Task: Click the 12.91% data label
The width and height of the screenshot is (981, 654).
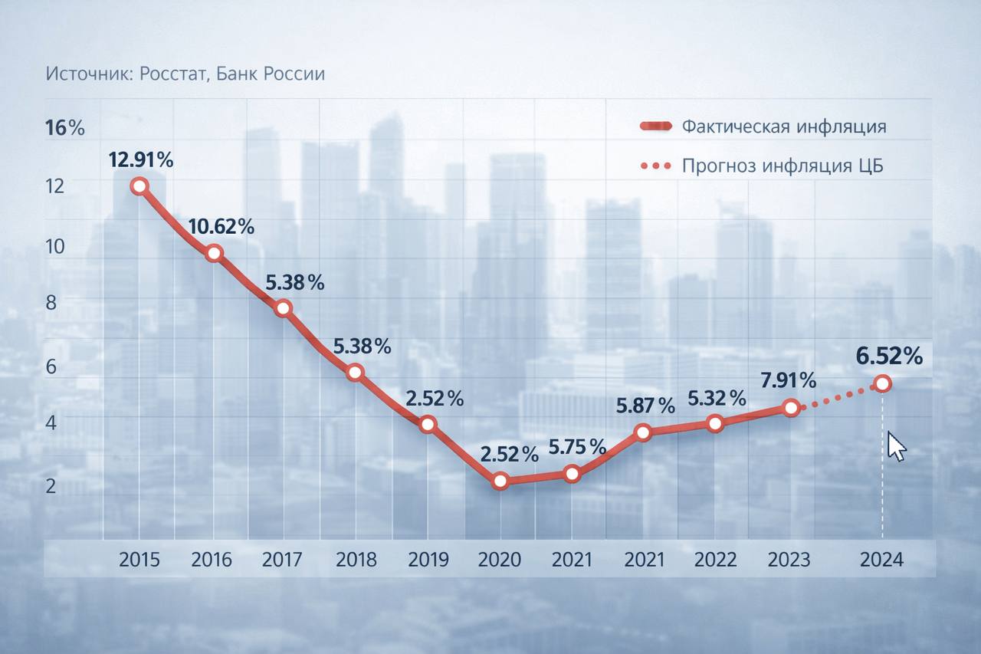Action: [141, 160]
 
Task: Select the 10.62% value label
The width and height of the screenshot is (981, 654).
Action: [221, 226]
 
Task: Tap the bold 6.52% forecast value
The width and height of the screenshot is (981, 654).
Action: [889, 356]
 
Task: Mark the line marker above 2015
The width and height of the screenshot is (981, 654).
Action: [139, 186]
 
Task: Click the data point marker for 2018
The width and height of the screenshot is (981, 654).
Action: [355, 373]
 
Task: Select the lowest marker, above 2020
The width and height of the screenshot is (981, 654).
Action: [500, 481]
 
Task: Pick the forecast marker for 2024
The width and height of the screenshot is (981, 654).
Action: [883, 383]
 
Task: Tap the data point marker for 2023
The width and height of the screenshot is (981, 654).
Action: [790, 408]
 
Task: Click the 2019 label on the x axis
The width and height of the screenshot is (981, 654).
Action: [428, 560]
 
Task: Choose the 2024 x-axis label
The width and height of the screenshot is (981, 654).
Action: [881, 560]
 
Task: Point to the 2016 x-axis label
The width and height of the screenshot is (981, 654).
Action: [212, 560]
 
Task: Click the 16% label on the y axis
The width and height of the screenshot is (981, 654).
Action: [65, 128]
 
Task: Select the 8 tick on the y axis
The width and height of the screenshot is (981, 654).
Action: [51, 302]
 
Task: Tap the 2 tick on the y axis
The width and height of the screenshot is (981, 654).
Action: [51, 485]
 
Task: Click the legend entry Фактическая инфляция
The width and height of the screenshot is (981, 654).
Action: [783, 127]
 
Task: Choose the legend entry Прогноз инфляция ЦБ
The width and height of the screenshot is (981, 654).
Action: [782, 166]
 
